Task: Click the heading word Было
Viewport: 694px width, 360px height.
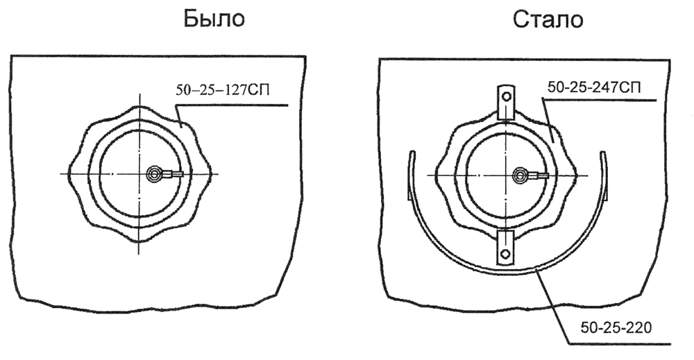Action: coord(214,19)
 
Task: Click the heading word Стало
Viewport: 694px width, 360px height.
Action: coord(548,19)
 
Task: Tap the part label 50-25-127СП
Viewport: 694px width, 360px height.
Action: coord(223,90)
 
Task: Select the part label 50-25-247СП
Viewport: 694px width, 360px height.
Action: coord(594,87)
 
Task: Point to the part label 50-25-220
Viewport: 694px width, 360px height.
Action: coord(616,328)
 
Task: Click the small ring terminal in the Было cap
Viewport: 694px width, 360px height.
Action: coord(155,173)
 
